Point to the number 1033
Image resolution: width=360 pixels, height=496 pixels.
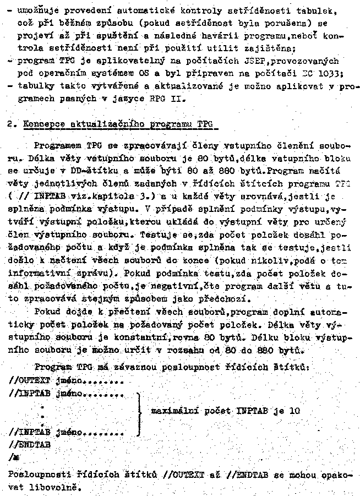339,74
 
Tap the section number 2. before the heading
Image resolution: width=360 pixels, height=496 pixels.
12,124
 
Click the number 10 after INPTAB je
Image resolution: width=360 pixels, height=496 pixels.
296,411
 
